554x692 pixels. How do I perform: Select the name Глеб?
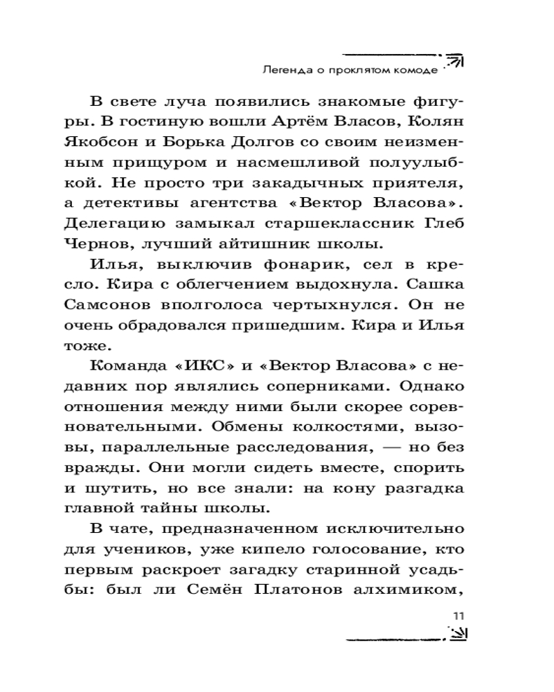pos(445,224)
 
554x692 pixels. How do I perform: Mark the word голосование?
pos(374,550)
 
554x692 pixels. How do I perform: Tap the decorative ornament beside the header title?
pos(454,61)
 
